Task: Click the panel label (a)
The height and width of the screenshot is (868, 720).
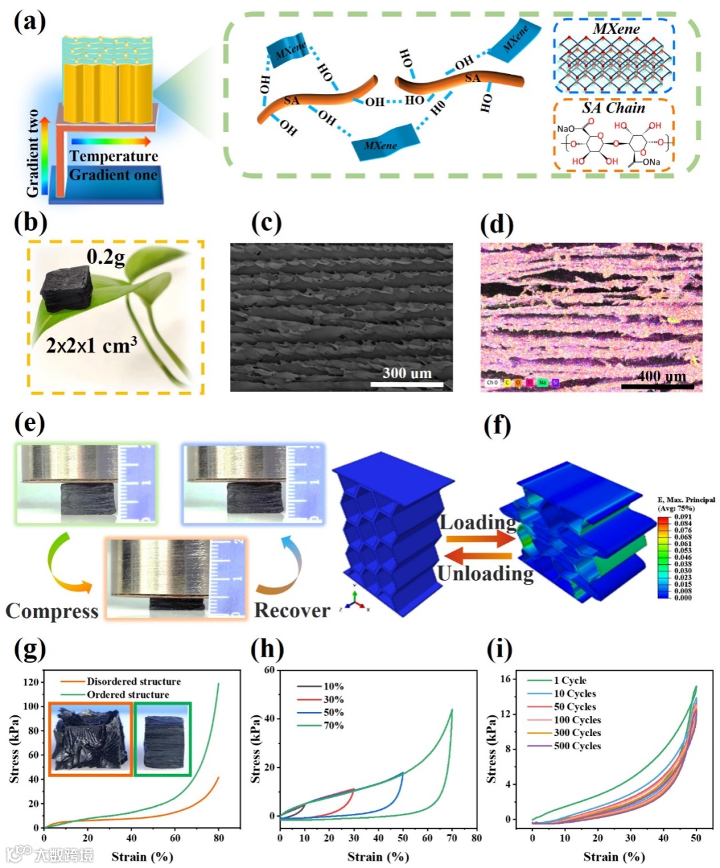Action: (x=30, y=21)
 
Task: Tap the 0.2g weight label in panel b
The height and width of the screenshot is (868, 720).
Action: (x=105, y=257)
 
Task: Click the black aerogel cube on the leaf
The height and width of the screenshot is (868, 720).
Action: (x=67, y=289)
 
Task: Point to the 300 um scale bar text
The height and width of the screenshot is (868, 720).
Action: (x=407, y=373)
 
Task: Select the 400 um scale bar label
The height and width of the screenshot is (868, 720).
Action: (x=661, y=376)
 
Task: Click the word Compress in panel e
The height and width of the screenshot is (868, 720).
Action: (x=52, y=611)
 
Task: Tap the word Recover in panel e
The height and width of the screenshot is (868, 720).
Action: (x=292, y=610)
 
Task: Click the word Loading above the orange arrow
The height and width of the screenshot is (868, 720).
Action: (x=477, y=523)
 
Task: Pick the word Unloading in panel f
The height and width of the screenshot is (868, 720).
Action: (x=485, y=573)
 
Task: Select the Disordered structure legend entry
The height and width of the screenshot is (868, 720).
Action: (x=133, y=681)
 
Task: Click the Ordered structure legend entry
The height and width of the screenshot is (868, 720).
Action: (x=127, y=695)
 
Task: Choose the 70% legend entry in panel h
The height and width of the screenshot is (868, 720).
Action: (x=333, y=725)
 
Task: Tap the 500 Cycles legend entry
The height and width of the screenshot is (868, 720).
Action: (x=577, y=746)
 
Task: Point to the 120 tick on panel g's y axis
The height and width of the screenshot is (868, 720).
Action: (x=31, y=682)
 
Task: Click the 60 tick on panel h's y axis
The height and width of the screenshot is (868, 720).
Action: (x=269, y=670)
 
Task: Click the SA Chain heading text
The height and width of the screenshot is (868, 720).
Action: (x=613, y=108)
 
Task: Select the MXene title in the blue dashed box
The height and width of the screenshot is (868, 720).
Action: (x=616, y=29)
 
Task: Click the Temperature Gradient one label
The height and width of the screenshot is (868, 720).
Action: (x=113, y=165)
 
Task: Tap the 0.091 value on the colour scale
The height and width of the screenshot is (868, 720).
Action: (x=683, y=517)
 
